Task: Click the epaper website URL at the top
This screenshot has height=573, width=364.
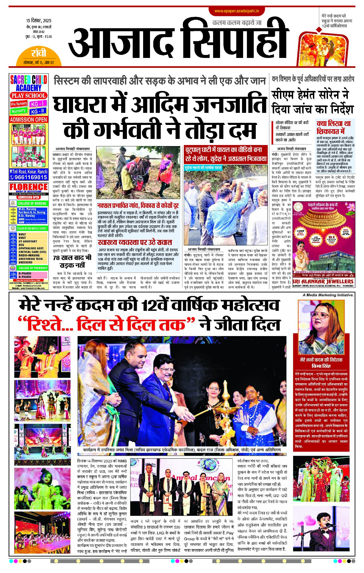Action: (x=237, y=11)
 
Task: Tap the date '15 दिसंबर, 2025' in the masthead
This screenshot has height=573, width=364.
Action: (x=39, y=21)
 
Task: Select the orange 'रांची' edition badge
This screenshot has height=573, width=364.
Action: (x=39, y=53)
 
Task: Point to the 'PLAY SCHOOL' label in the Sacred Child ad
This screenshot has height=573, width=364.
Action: (x=28, y=96)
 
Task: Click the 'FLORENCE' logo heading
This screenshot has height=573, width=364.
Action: (x=29, y=187)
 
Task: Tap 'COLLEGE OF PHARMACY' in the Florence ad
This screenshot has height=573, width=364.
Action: (x=33, y=268)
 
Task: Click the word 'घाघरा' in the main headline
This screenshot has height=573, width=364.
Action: (x=89, y=105)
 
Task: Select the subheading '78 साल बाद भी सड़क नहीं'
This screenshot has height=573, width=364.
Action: (x=72, y=261)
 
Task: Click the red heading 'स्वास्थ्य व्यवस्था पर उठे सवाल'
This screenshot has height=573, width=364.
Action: (x=135, y=242)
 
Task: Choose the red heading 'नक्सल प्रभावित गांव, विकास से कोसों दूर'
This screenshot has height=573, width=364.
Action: (x=138, y=206)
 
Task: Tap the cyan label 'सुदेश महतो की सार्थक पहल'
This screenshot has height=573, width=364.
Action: (x=203, y=167)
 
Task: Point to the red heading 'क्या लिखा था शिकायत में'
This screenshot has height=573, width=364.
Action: (x=334, y=127)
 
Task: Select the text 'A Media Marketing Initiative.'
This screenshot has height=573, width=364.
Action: (x=328, y=295)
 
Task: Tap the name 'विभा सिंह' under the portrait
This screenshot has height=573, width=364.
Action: (x=321, y=366)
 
